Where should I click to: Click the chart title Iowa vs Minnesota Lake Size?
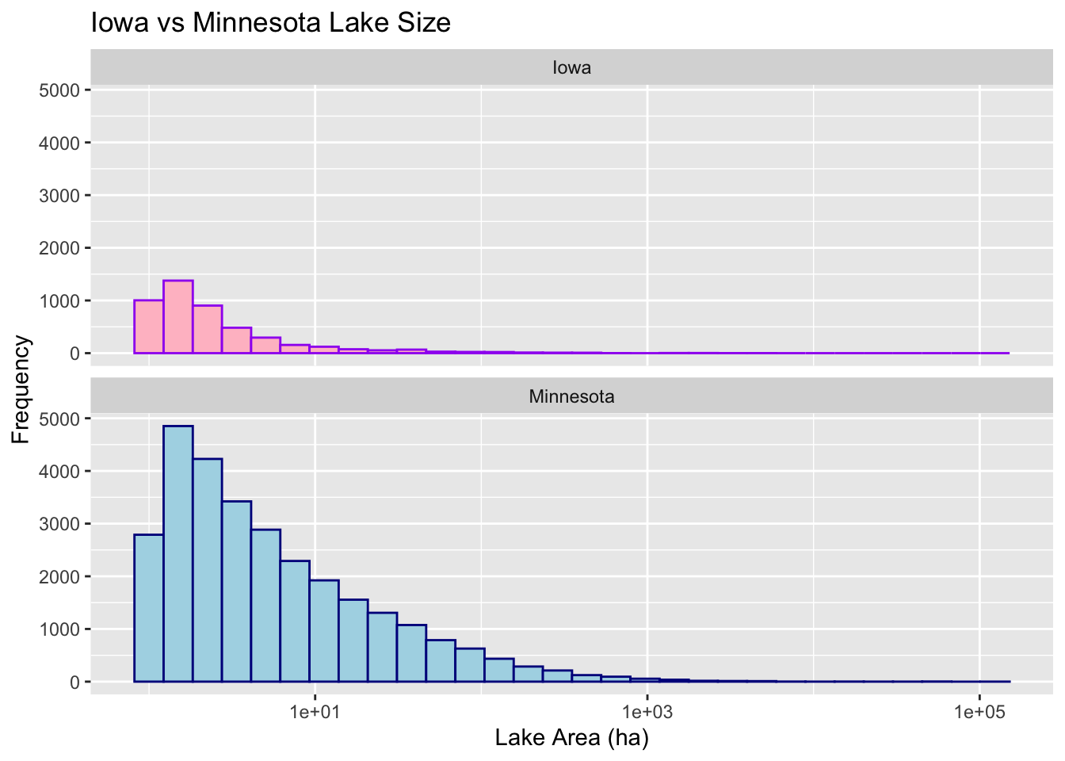point(271,22)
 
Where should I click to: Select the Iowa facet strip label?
point(571,67)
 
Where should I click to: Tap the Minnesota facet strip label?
point(571,396)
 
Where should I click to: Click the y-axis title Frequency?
point(21,389)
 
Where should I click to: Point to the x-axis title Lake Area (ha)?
point(571,738)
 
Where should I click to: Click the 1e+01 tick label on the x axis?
point(315,711)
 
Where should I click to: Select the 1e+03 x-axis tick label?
point(647,711)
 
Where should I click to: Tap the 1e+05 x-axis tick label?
point(979,711)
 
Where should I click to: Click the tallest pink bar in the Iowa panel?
point(178,317)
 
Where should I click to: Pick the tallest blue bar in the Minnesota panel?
point(178,555)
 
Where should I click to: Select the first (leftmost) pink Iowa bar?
point(149,327)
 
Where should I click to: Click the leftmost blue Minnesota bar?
point(149,608)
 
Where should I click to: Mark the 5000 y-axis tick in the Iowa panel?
point(59,90)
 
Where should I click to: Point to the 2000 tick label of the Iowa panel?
point(59,248)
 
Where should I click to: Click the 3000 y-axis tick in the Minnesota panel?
point(59,524)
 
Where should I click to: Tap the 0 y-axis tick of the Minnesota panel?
point(74,682)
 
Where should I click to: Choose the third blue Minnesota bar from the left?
point(208,571)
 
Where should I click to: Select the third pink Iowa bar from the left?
point(208,329)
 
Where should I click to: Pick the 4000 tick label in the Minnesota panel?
point(59,471)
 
